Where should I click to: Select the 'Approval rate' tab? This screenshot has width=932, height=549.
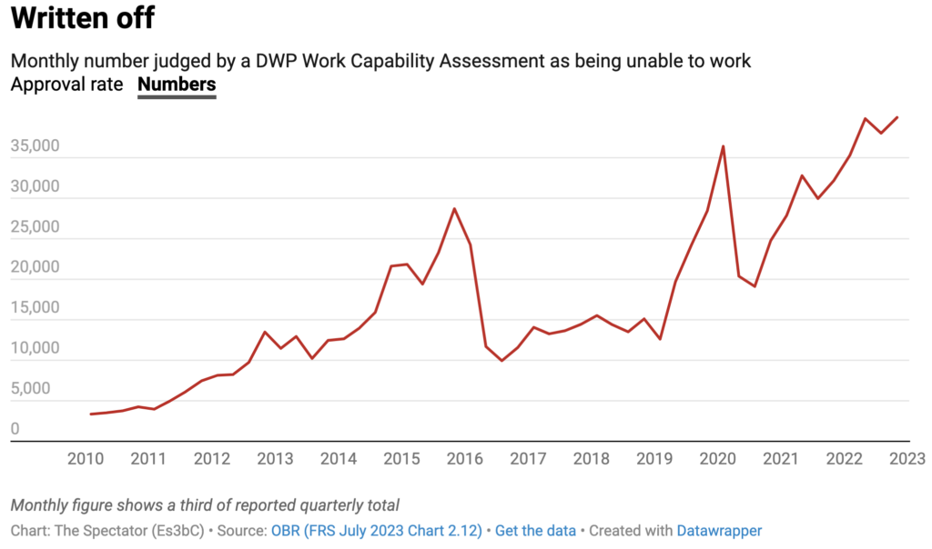[x=67, y=85]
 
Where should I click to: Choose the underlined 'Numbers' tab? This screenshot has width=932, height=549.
[x=177, y=85]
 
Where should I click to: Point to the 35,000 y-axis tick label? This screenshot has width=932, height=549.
[x=35, y=146]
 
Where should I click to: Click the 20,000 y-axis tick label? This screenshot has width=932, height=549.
[x=35, y=268]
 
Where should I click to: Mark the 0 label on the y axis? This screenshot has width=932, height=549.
[x=15, y=429]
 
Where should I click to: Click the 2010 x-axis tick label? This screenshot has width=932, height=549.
[x=86, y=458]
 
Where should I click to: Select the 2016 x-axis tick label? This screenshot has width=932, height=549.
[x=464, y=458]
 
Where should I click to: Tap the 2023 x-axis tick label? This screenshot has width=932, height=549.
[x=907, y=458]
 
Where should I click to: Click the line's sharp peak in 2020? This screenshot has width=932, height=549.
[x=723, y=146]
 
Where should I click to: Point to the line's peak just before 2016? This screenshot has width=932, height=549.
[x=454, y=209]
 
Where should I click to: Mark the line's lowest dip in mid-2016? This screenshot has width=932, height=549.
[x=501, y=361]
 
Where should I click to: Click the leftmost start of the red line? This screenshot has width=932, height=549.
[x=91, y=414]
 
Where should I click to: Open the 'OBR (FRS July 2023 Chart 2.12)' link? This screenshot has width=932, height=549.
[x=375, y=530]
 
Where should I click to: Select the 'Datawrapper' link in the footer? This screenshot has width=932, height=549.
[x=717, y=530]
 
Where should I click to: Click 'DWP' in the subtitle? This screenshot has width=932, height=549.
[x=257, y=61]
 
